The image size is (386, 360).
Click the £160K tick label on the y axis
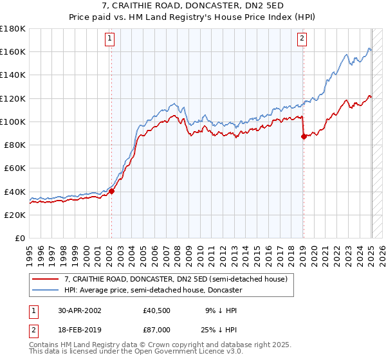(x=13, y=51)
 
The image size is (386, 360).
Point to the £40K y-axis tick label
(x=15, y=192)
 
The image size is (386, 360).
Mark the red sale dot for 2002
(x=111, y=191)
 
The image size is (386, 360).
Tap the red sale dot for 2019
(x=303, y=136)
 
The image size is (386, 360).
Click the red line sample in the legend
(x=46, y=280)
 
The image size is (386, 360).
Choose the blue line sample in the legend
(x=46, y=290)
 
